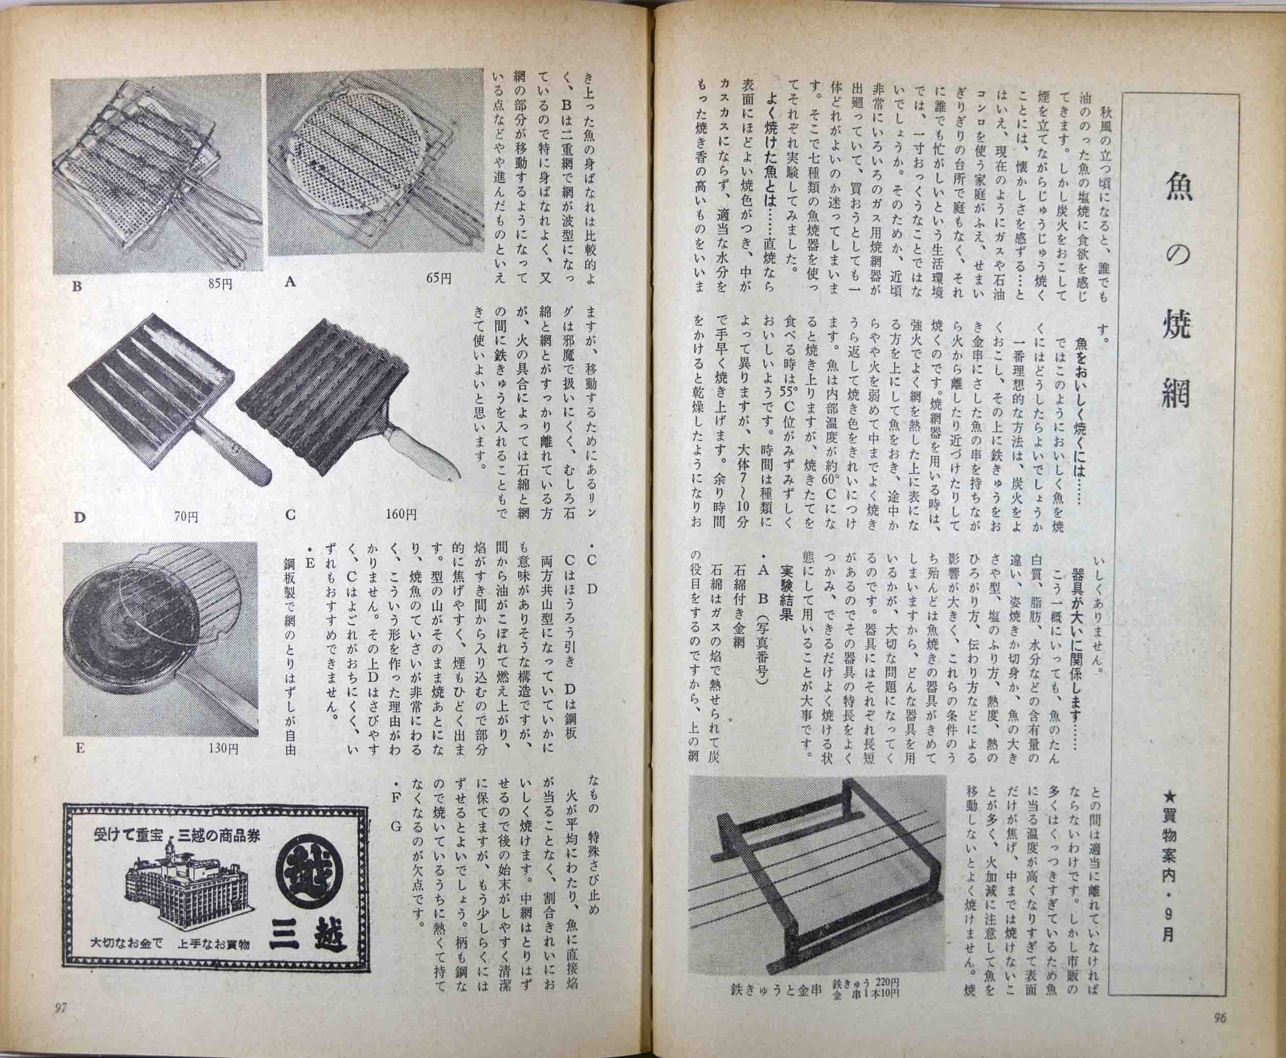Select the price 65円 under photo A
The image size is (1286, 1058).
coord(439,278)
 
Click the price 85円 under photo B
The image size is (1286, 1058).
coord(220,284)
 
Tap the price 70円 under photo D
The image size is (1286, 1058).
coord(186,517)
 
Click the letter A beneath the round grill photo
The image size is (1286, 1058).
coord(290,281)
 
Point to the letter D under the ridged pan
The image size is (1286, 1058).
coord(79,517)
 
